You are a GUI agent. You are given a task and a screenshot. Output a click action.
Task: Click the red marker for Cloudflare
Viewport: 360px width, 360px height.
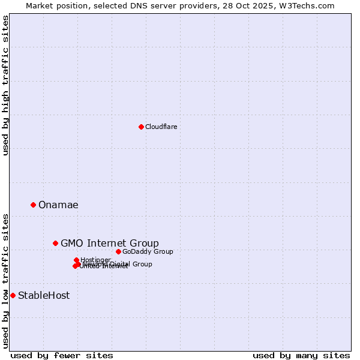click(141, 127)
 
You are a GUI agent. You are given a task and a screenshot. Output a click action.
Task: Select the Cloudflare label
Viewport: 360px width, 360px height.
click(161, 127)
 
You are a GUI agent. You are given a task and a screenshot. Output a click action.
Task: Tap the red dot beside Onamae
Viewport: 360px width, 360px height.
click(33, 205)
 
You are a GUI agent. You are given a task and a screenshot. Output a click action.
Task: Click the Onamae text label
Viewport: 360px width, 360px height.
click(58, 205)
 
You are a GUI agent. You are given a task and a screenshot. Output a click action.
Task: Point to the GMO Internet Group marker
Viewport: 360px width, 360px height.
click(55, 243)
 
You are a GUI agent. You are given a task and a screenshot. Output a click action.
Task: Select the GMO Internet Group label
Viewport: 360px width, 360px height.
click(110, 243)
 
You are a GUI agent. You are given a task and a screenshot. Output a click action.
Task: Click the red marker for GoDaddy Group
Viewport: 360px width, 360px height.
click(118, 251)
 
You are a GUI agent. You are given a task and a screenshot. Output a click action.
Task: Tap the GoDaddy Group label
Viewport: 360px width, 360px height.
click(148, 251)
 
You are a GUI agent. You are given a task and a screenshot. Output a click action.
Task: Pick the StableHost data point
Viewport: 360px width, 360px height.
click(13, 295)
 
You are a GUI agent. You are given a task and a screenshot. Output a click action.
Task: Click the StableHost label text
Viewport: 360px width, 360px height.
click(44, 295)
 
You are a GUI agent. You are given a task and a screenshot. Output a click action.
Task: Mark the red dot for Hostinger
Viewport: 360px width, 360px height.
click(76, 260)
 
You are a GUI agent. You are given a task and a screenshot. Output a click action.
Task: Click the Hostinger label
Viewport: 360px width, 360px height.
click(95, 260)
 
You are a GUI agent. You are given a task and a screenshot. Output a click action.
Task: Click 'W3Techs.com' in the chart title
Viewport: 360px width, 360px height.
click(310, 5)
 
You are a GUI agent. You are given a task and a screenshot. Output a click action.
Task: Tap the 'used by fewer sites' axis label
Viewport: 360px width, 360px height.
click(62, 355)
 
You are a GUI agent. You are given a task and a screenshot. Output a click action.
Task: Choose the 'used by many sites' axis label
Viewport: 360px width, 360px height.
click(301, 355)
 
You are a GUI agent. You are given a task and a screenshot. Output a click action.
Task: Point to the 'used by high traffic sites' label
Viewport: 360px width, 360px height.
click(5, 86)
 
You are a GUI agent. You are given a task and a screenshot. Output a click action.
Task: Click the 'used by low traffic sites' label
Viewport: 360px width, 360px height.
click(5, 281)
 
